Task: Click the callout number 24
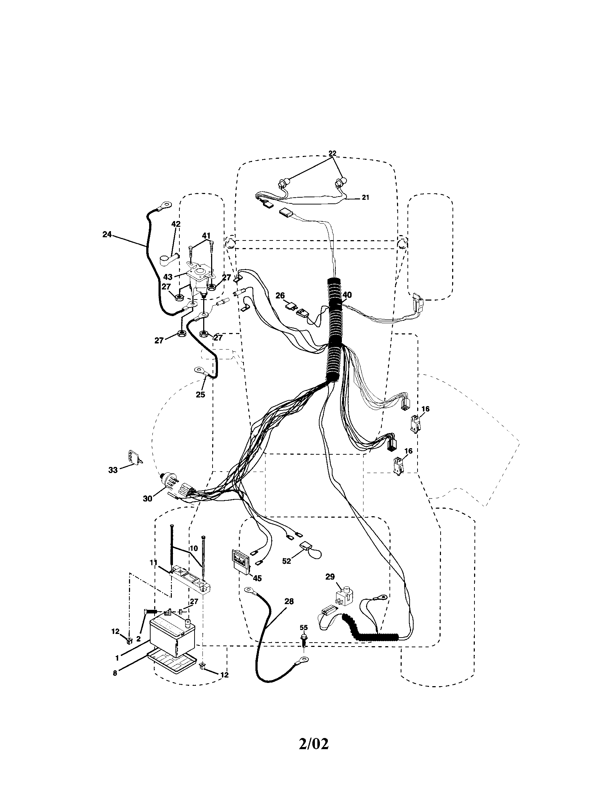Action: (107, 235)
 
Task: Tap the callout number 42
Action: (175, 224)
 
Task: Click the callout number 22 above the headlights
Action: (333, 153)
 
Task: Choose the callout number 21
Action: (365, 198)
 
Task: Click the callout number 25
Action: (201, 395)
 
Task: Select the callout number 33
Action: (113, 470)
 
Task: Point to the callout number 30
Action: (147, 499)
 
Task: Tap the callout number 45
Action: (257, 578)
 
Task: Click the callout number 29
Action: (330, 577)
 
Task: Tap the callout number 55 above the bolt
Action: (304, 627)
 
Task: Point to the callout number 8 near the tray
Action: (115, 673)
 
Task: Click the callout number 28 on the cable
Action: (289, 601)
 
